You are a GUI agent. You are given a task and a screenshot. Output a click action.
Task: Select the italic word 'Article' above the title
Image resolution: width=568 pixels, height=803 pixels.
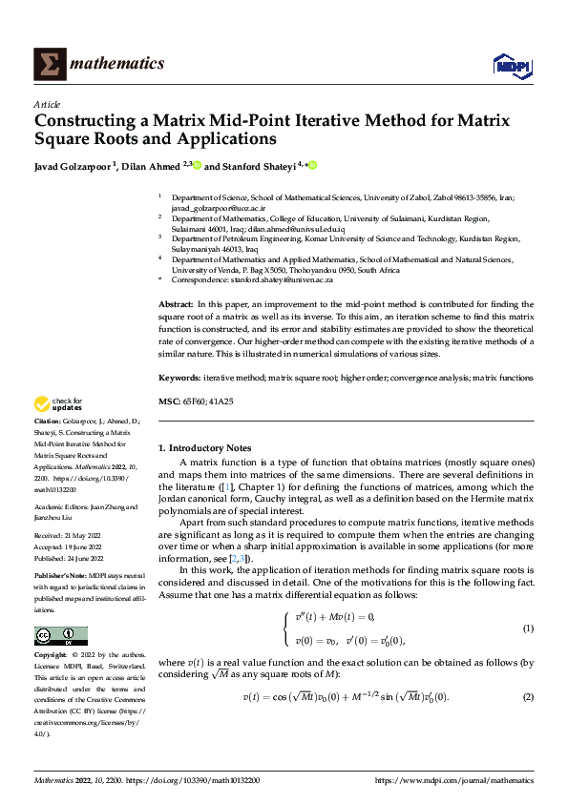(47, 104)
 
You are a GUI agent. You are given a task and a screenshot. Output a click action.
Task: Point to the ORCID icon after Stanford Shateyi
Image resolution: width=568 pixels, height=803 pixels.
(312, 166)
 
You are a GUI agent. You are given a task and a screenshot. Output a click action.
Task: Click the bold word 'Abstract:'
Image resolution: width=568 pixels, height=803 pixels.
(177, 303)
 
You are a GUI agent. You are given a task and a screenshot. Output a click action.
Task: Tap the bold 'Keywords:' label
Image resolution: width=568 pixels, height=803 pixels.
(179, 379)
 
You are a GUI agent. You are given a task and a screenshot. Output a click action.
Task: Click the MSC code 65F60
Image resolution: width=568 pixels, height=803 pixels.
(194, 402)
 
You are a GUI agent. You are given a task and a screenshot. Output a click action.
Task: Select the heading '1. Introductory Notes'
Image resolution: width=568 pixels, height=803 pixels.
(204, 448)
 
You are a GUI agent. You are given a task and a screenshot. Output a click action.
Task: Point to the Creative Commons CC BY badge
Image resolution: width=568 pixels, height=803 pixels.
(61, 636)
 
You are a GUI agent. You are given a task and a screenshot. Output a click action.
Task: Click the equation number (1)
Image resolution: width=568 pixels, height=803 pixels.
(528, 628)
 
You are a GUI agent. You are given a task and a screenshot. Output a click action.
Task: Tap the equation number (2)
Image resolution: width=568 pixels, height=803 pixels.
(528, 697)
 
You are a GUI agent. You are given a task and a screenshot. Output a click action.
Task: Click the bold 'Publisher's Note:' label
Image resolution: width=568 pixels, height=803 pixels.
(61, 578)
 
